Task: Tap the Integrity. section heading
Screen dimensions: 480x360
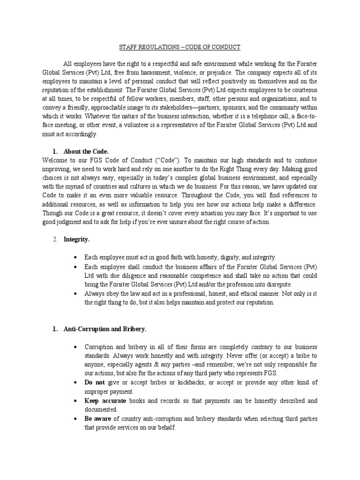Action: tap(76, 239)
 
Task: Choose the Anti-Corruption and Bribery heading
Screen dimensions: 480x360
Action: tap(105, 329)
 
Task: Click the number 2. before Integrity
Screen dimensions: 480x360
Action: tap(55, 239)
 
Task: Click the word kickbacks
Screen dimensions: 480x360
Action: tap(180, 382)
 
